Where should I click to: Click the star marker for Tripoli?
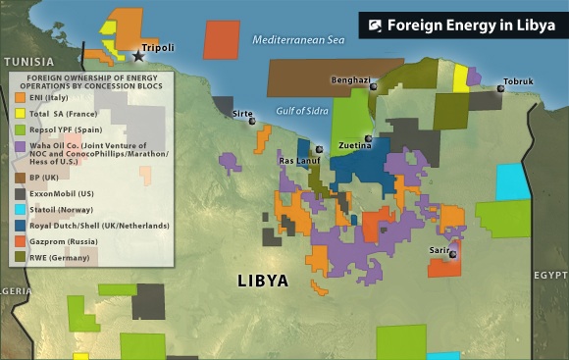tap(138, 57)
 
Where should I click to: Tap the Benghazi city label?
tap(350, 79)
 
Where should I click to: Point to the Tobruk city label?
tap(518, 80)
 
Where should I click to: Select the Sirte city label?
tap(242, 114)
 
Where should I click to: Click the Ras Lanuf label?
tap(298, 160)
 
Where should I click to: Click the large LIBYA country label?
tap(263, 281)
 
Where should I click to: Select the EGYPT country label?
tap(549, 276)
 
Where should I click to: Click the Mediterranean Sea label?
tap(298, 40)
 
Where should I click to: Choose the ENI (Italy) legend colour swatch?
tap(20, 97)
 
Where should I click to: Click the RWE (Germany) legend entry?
tap(65, 257)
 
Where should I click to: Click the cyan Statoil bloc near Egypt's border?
tap(510, 181)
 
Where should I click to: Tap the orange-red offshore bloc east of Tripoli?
tap(221, 38)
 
